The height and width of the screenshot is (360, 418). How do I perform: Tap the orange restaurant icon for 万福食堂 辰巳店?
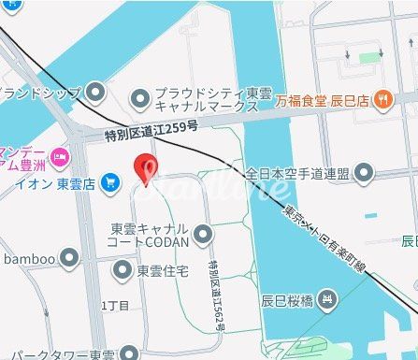pyautogui.click(x=383, y=98)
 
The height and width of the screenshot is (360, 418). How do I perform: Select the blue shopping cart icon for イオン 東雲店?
pyautogui.click(x=111, y=180)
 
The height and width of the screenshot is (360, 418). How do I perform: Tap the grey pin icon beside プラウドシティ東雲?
pyautogui.click(x=140, y=98)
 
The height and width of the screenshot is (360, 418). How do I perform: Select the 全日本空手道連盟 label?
pyautogui.click(x=297, y=173)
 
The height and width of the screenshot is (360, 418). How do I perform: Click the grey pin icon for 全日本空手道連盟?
pyautogui.click(x=364, y=173)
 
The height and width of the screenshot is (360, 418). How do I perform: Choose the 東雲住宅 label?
pyautogui.click(x=163, y=271)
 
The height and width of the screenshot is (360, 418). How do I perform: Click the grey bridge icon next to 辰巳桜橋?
pyautogui.click(x=326, y=301)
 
